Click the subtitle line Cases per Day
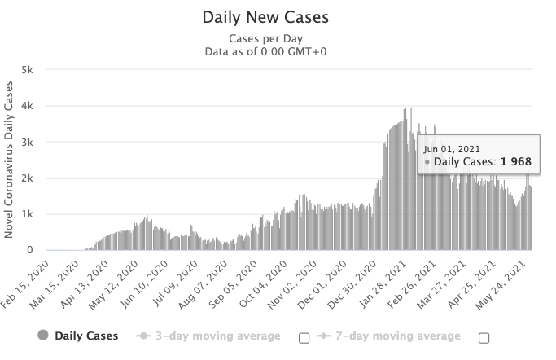coord(278,39)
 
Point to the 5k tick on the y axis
coord(27,70)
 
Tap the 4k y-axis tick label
coord(27,106)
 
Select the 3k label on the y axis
coord(27,142)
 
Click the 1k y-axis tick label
coord(27,214)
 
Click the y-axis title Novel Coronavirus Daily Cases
coord(10,160)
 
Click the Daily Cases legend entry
coord(85,336)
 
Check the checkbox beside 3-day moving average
coord(304,337)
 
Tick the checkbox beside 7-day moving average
coord(484,337)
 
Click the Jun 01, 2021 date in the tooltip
coord(453,149)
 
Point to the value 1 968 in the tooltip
coord(515,163)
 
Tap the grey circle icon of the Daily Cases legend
coord(42,336)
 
